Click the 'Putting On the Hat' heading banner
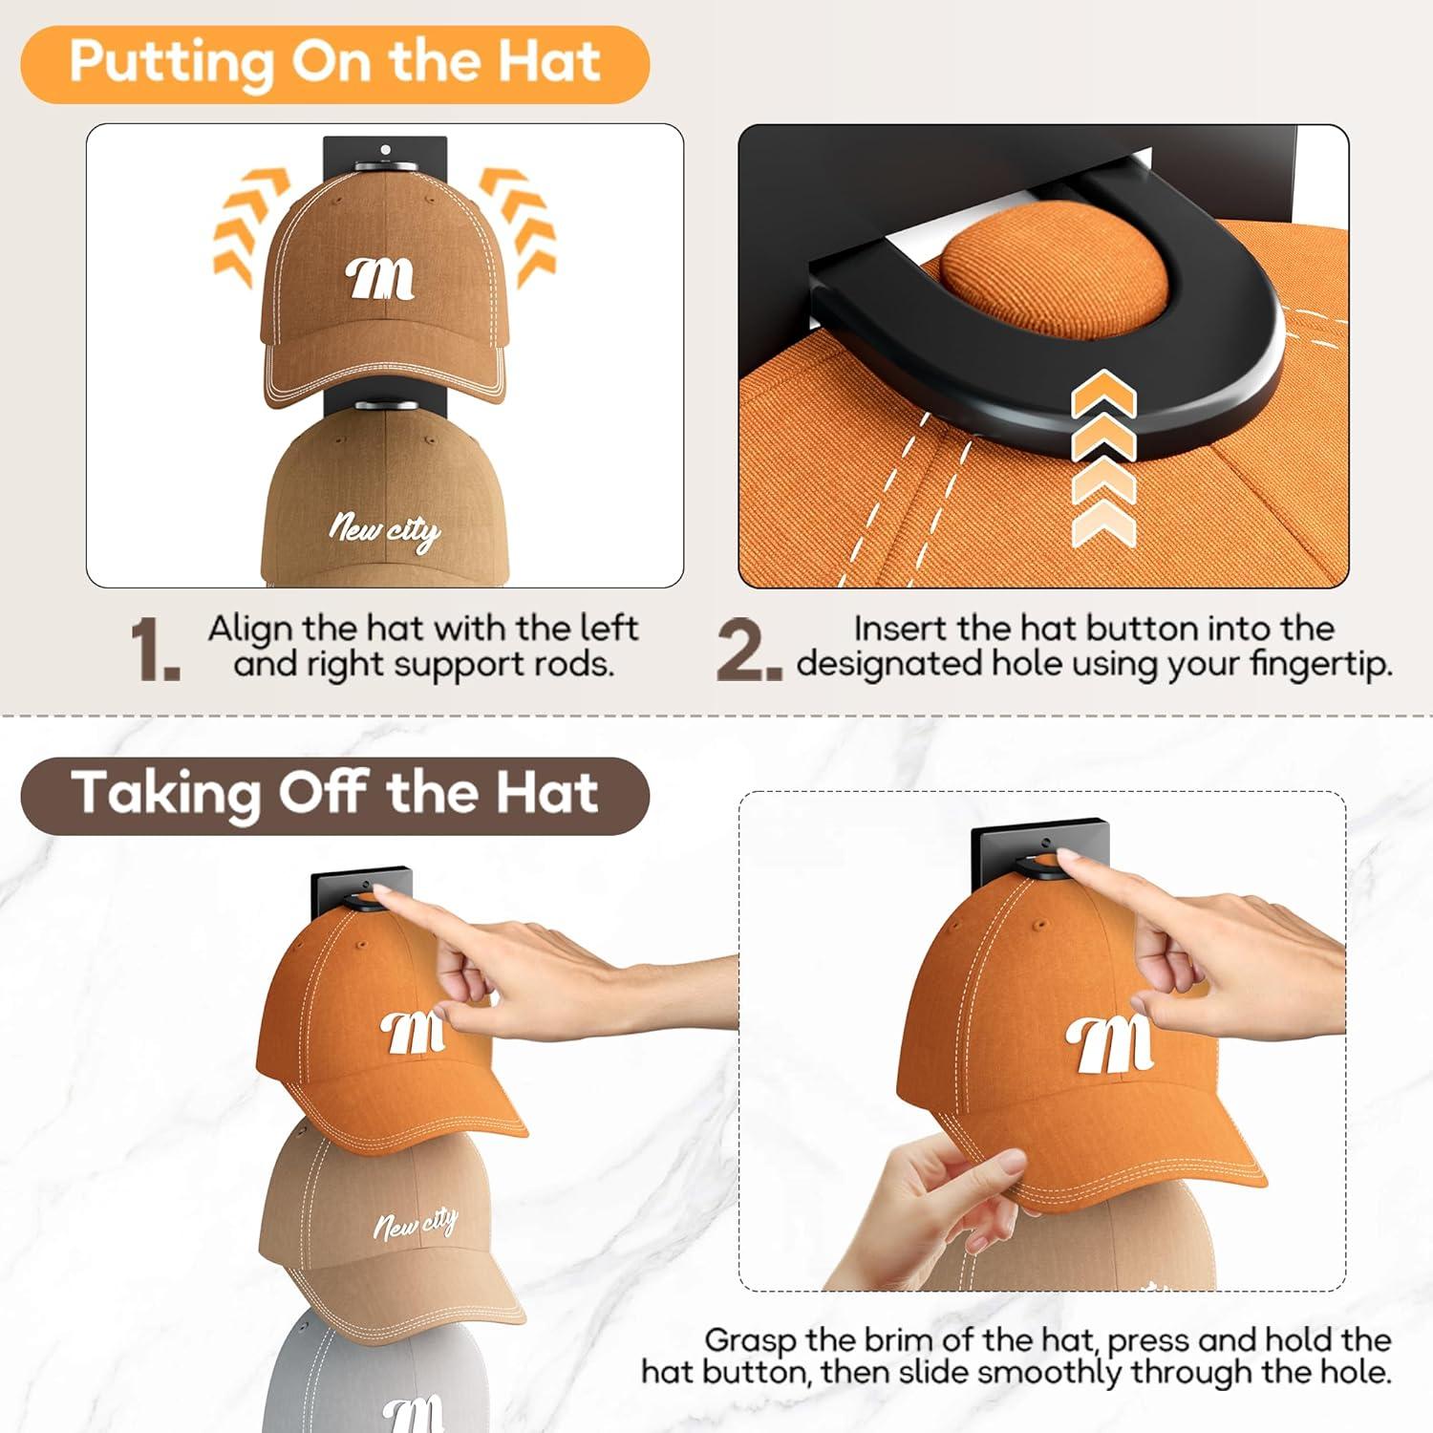pyautogui.click(x=334, y=63)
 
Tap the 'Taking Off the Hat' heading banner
pyautogui.click(x=334, y=795)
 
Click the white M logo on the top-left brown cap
pyautogui.click(x=380, y=279)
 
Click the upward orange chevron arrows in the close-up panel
pyautogui.click(x=1103, y=459)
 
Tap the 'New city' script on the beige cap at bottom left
pyautogui.click(x=416, y=1223)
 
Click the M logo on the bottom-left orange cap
pyautogui.click(x=413, y=1032)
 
